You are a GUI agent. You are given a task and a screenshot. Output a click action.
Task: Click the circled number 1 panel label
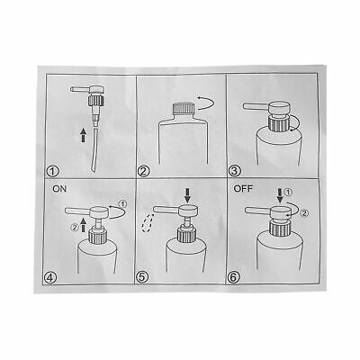pyautogui.click(x=53, y=172)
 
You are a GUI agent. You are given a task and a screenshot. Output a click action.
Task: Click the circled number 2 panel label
pyautogui.click(x=143, y=172)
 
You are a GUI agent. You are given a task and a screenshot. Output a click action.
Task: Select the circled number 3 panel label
pyautogui.click(x=234, y=171)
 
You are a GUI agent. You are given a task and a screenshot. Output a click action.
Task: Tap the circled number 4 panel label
pyautogui.click(x=50, y=277)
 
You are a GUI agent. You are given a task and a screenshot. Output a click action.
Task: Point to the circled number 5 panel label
pyautogui.click(x=142, y=277)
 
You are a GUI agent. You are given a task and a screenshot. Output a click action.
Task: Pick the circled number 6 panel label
pyautogui.click(x=232, y=277)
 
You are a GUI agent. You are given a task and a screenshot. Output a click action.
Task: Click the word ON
pyautogui.click(x=59, y=189)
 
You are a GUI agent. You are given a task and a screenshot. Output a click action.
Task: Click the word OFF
pyautogui.click(x=243, y=189)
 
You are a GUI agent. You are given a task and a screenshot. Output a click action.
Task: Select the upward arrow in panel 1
pyautogui.click(x=84, y=134)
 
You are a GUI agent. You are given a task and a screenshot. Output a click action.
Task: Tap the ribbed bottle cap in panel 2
pyautogui.click(x=183, y=108)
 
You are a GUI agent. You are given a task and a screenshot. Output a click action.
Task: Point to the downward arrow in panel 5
pyautogui.click(x=188, y=195)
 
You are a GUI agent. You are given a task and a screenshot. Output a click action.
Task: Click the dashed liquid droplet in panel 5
pyautogui.click(x=148, y=223)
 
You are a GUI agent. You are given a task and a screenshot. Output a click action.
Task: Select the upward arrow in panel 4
pyautogui.click(x=84, y=225)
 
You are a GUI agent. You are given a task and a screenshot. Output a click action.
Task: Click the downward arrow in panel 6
pyautogui.click(x=280, y=195)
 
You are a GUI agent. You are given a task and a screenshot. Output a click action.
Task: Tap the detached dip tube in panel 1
pyautogui.click(x=95, y=149)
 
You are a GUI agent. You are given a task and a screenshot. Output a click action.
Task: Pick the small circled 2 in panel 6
pyautogui.click(x=304, y=213)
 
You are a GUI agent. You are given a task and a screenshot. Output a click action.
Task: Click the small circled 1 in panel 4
pyautogui.click(x=122, y=204)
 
